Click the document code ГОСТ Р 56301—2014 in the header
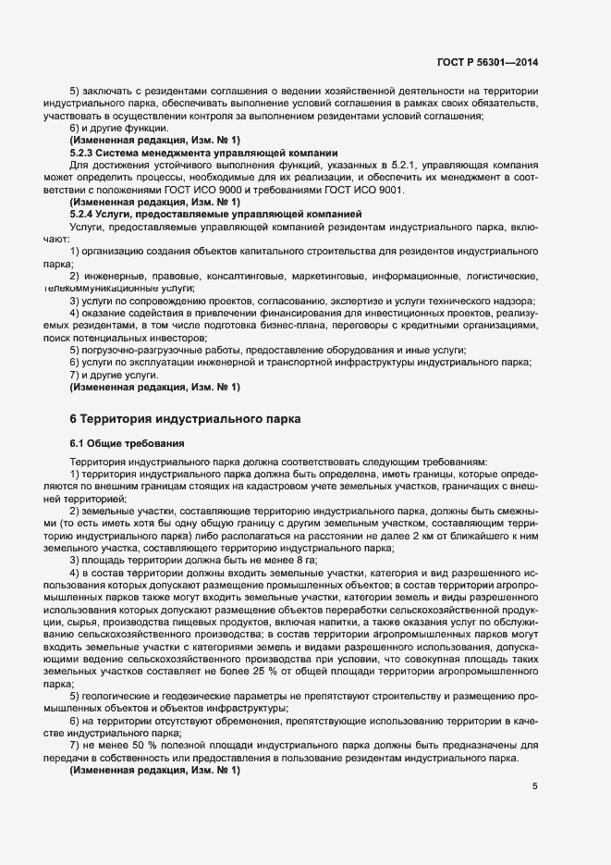click(x=487, y=63)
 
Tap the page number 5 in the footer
click(x=535, y=786)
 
